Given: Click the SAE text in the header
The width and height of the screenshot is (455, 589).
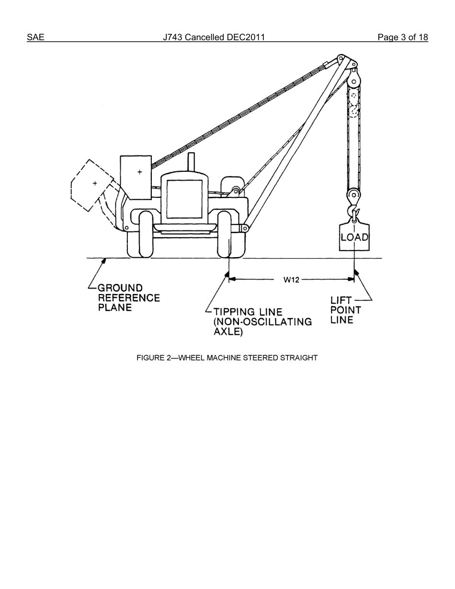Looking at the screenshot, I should click(x=35, y=37).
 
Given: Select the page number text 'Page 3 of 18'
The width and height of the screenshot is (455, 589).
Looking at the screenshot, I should click(x=402, y=37).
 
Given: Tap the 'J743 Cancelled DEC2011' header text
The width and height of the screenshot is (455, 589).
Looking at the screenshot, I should click(x=214, y=37).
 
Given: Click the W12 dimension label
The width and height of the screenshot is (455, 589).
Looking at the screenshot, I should click(x=291, y=280).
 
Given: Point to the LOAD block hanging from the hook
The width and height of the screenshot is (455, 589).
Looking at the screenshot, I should click(x=354, y=237).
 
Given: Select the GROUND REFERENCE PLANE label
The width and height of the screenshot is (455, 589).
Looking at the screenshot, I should click(x=128, y=297).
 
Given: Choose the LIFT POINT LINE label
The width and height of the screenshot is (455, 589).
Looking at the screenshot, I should click(x=345, y=310).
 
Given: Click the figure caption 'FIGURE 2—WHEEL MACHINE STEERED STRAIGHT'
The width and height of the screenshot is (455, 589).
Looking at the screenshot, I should click(x=227, y=358).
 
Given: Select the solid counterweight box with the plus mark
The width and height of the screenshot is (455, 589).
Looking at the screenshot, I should click(x=136, y=177).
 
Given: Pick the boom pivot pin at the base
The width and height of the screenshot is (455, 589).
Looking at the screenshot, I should click(x=245, y=229).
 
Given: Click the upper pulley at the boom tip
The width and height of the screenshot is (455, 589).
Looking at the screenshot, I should click(x=354, y=80).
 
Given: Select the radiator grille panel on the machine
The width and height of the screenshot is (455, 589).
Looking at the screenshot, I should click(x=184, y=199).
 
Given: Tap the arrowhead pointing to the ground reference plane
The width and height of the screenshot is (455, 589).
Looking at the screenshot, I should click(x=104, y=261).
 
